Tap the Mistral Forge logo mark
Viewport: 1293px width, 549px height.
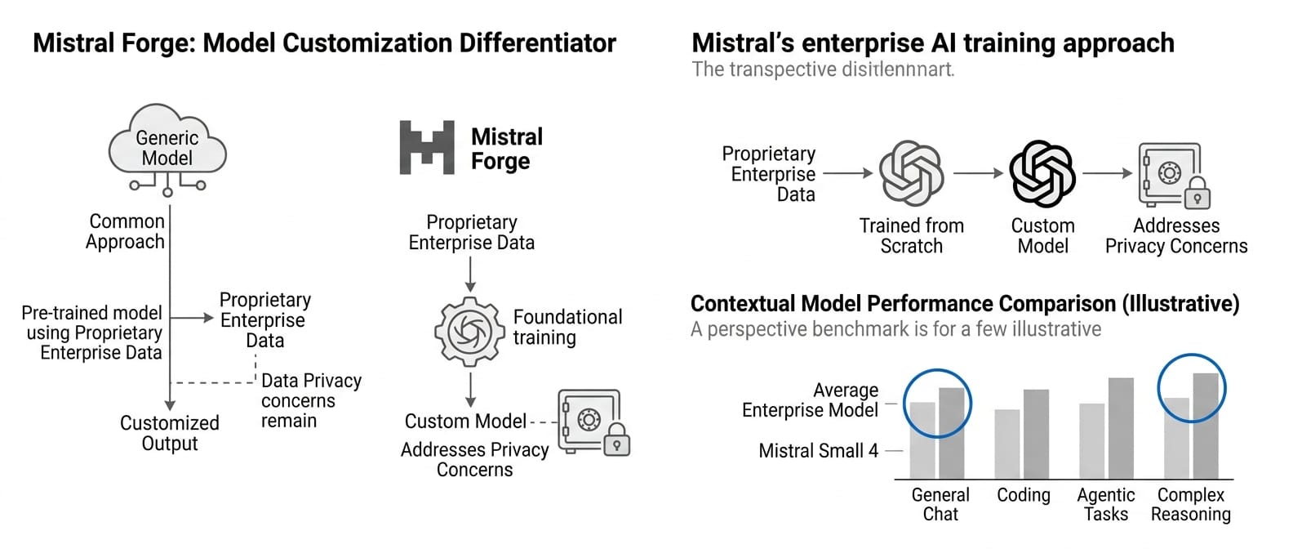click(x=426, y=148)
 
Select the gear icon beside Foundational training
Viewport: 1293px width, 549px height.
click(x=469, y=331)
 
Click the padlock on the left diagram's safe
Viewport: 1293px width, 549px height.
click(x=616, y=439)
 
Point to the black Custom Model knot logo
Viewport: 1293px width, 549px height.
click(x=1042, y=173)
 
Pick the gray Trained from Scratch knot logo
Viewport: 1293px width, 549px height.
click(x=911, y=173)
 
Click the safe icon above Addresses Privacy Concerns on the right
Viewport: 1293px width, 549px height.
click(x=1174, y=175)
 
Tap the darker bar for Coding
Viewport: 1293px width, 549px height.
click(x=1036, y=434)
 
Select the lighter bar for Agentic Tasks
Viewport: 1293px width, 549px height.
click(x=1091, y=440)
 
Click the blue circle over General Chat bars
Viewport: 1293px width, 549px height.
click(x=937, y=404)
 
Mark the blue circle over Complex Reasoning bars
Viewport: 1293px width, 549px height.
click(x=1192, y=388)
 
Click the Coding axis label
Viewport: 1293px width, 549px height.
click(x=1024, y=495)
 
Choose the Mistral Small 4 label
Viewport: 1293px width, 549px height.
click(x=818, y=451)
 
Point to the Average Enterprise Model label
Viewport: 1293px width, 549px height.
click(x=810, y=400)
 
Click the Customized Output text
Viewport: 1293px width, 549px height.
click(x=170, y=433)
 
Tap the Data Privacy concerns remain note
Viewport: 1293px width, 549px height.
click(x=310, y=400)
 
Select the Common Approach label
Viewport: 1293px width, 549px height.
click(x=126, y=231)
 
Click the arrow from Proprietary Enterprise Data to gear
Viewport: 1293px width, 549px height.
click(x=470, y=274)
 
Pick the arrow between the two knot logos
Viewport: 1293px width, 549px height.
click(x=977, y=173)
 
